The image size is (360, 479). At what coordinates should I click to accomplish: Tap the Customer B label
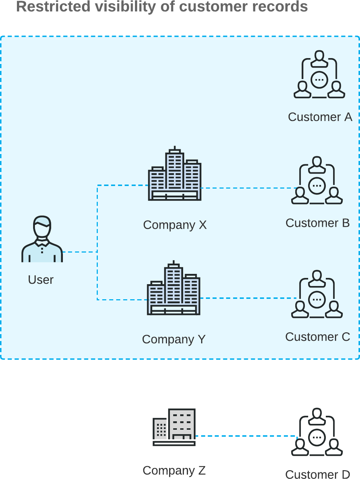pyautogui.click(x=317, y=223)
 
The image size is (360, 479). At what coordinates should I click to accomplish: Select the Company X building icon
pyautogui.click(x=175, y=174)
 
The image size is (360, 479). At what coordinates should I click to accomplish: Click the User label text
pyautogui.click(x=41, y=280)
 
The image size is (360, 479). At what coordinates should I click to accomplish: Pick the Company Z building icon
pyautogui.click(x=174, y=427)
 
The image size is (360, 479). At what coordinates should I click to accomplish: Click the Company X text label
pyautogui.click(x=175, y=225)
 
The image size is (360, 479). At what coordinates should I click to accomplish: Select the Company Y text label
pyautogui.click(x=174, y=339)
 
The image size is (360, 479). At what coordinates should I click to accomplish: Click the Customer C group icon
pyautogui.click(x=317, y=294)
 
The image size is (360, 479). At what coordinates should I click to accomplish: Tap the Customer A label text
pyautogui.click(x=320, y=117)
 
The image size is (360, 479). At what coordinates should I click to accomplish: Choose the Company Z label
pyautogui.click(x=174, y=470)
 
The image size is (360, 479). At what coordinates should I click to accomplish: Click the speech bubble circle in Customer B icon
pyautogui.click(x=317, y=186)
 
